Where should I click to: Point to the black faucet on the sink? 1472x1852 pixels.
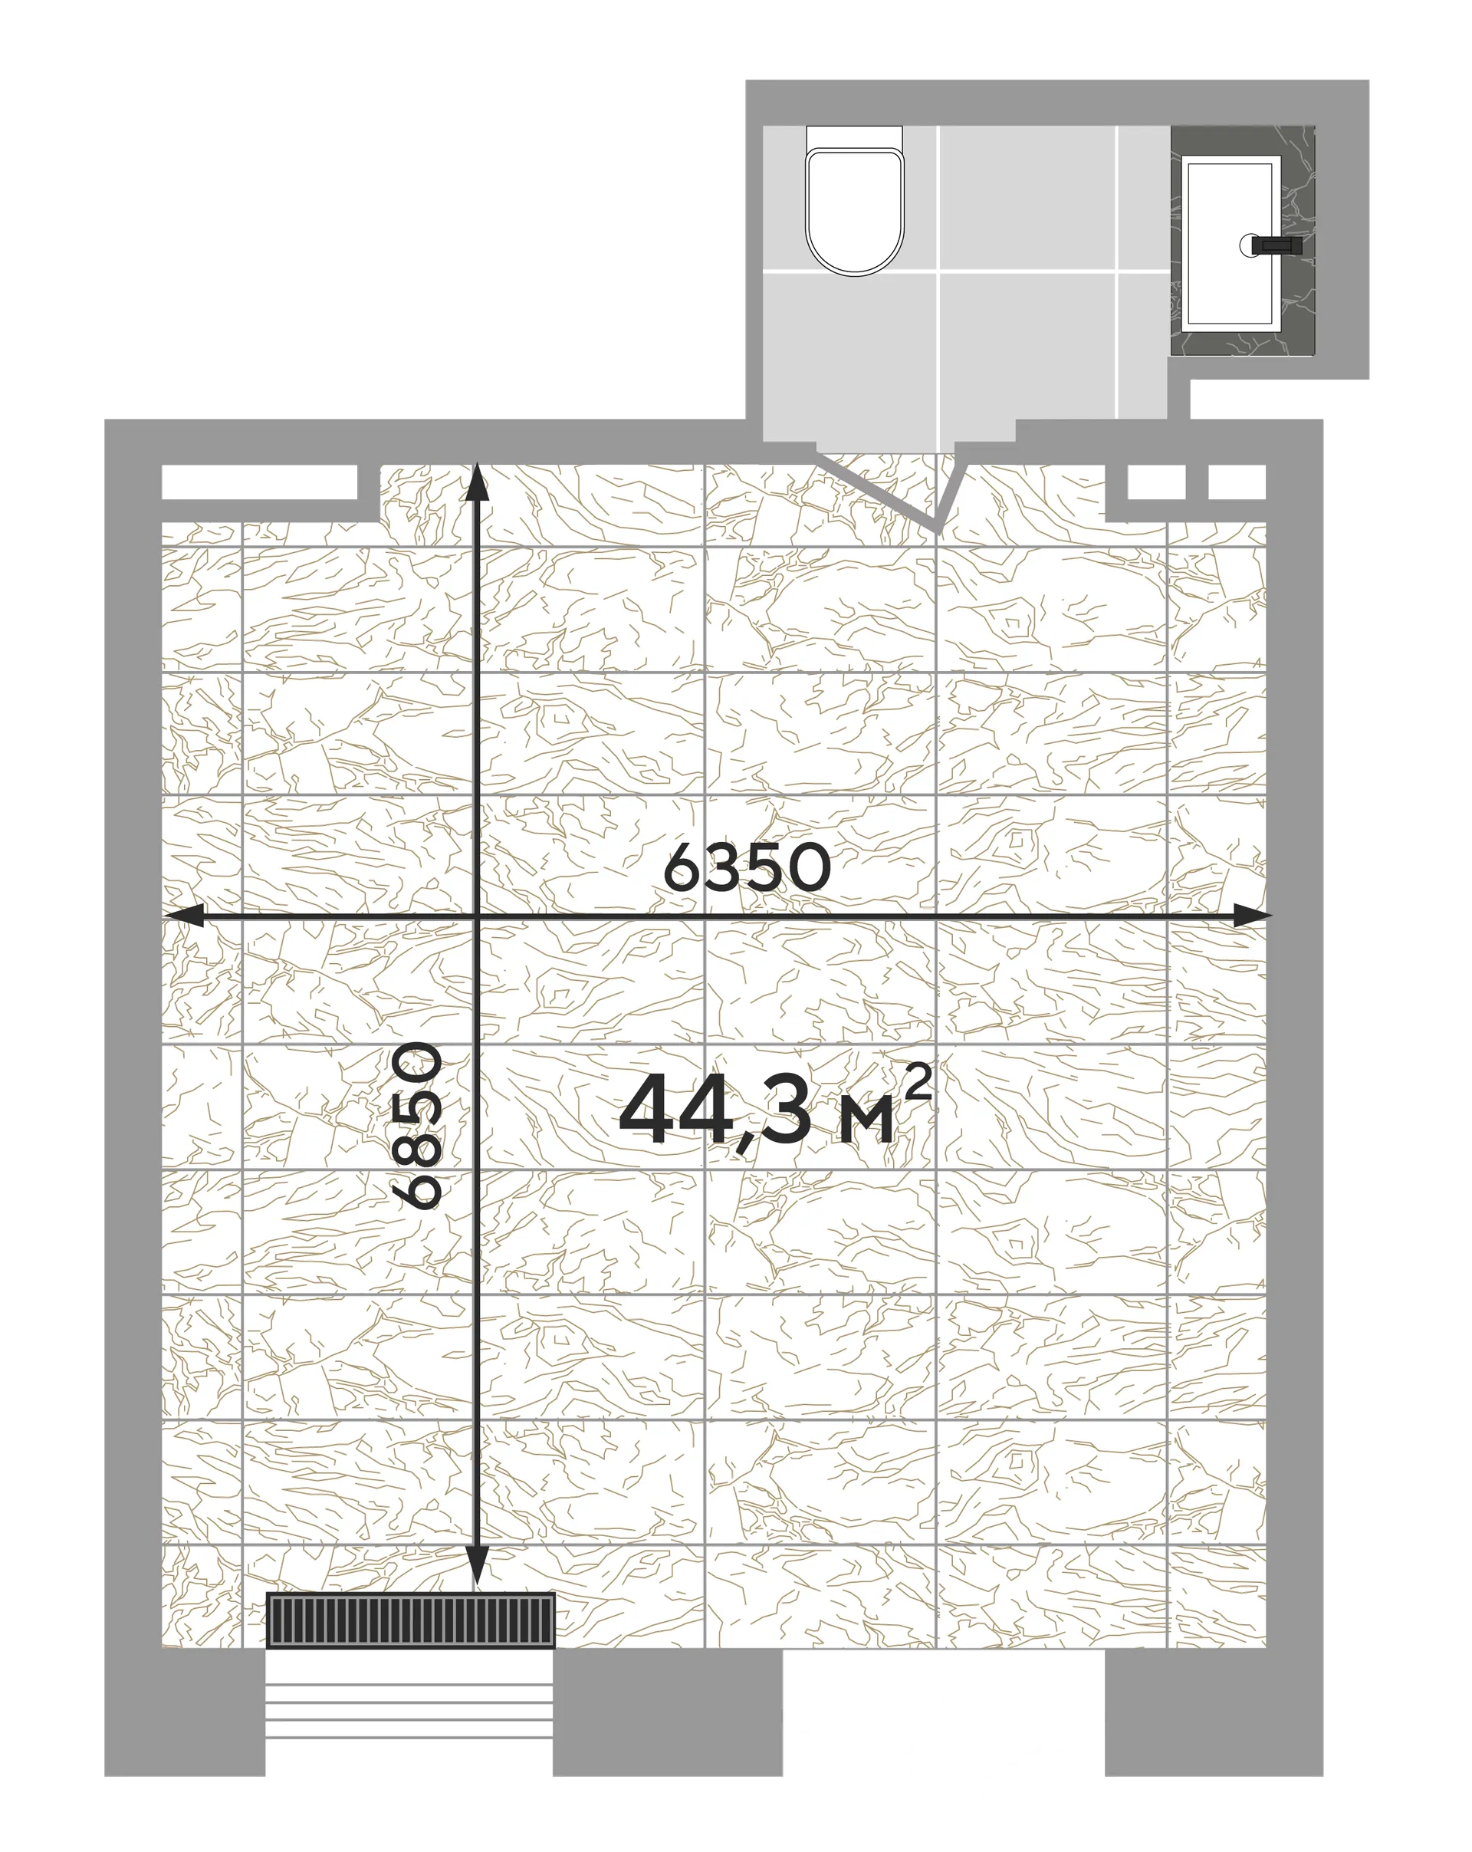click(x=1276, y=245)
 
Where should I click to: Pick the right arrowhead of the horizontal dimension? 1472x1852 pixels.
click(x=1250, y=916)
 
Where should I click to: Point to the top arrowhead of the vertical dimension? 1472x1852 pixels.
click(x=478, y=483)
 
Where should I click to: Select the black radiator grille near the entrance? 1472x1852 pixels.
click(x=410, y=1621)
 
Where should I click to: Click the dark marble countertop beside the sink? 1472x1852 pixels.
click(x=1243, y=241)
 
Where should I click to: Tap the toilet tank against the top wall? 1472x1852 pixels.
click(x=855, y=137)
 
